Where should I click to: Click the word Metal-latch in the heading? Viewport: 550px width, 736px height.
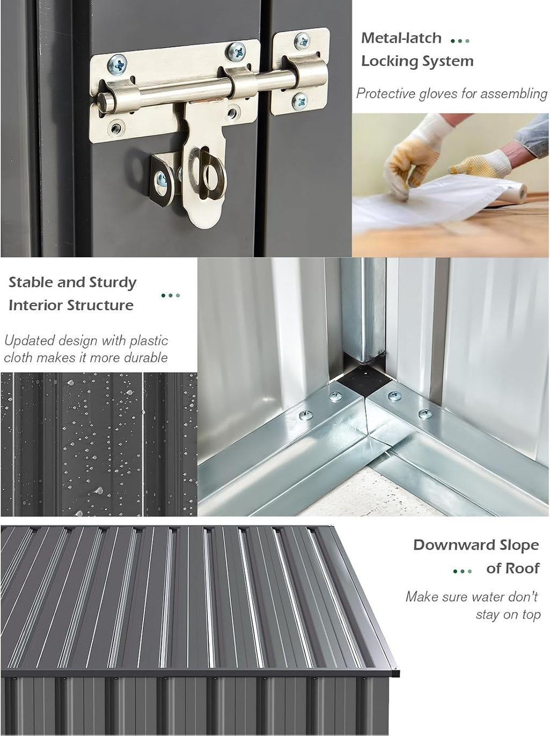(401, 38)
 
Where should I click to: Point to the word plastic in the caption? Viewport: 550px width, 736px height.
(149, 341)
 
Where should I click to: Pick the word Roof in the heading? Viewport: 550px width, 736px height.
(522, 569)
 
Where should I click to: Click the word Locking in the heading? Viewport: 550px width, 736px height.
(389, 61)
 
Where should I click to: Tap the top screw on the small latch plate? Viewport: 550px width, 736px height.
(302, 42)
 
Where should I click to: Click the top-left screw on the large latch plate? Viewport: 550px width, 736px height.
(118, 64)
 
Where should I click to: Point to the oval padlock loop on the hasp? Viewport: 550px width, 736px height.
(208, 173)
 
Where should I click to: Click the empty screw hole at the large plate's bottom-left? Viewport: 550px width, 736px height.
(117, 127)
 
